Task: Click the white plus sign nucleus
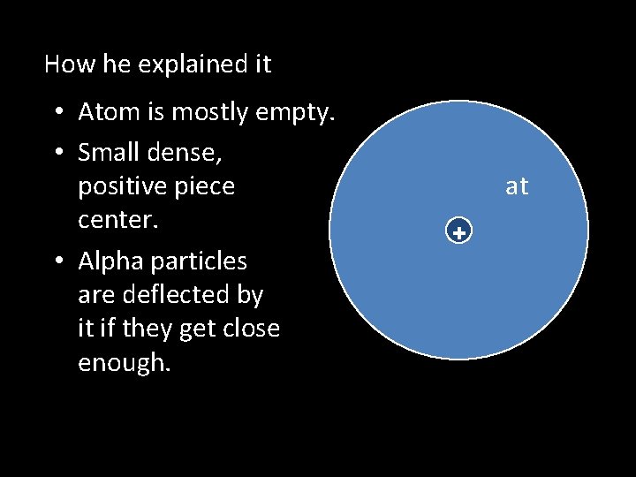[x=459, y=233]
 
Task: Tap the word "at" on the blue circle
[x=517, y=186]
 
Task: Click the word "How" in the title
[x=63, y=64]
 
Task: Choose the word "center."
[x=118, y=220]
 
